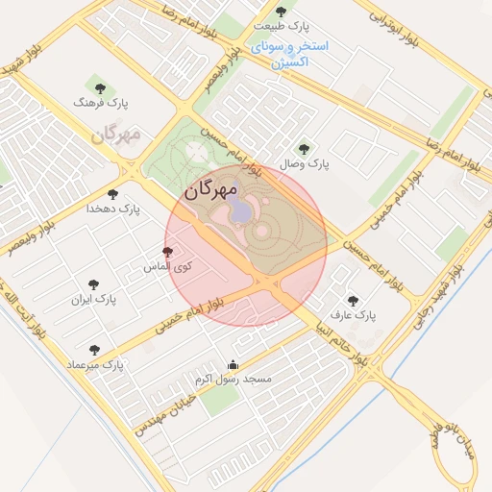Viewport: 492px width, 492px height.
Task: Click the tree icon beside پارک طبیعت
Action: (281, 12)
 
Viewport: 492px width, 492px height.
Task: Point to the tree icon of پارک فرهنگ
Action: (96, 86)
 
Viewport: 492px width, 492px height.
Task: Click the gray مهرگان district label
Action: (116, 134)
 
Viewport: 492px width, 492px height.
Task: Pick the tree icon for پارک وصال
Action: (305, 149)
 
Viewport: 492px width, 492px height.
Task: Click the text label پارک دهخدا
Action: (113, 209)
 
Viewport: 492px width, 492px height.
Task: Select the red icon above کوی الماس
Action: (168, 251)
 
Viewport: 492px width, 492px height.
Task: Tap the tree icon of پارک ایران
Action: (93, 284)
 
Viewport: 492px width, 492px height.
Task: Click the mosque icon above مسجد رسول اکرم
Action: (233, 365)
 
